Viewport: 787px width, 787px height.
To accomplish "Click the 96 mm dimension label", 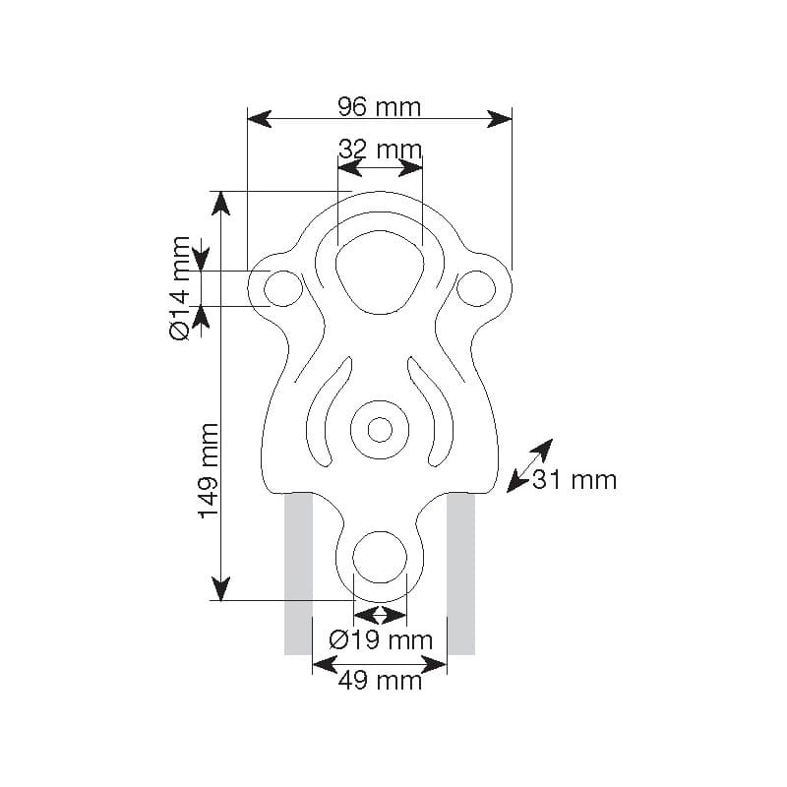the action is (380, 107).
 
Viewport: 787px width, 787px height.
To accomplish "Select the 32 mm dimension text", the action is (380, 150).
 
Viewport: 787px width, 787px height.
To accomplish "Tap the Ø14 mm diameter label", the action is (180, 288).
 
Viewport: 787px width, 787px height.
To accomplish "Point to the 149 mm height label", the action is (209, 471).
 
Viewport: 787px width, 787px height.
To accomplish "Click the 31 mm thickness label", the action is (575, 480).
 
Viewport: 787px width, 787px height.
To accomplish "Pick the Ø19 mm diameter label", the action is (381, 640).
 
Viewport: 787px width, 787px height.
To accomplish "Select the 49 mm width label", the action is (380, 681).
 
